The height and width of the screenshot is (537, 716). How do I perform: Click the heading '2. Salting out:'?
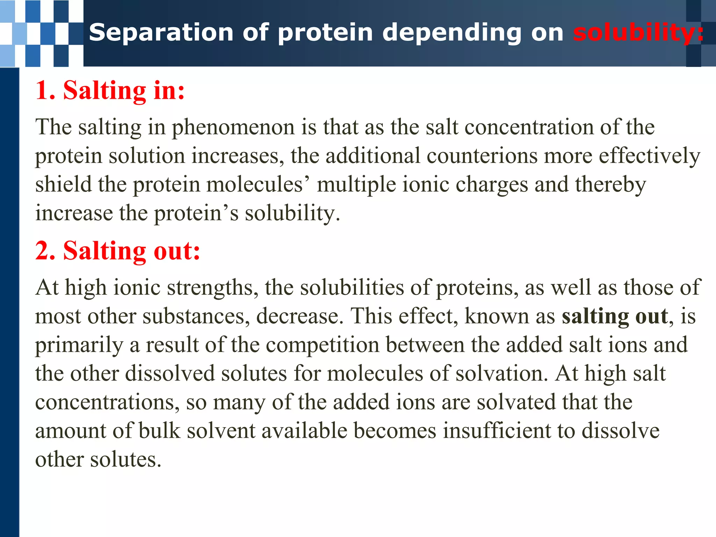[x=118, y=251]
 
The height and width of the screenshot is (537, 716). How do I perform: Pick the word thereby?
[x=610, y=185]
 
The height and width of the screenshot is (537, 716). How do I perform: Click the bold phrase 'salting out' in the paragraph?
[x=615, y=316]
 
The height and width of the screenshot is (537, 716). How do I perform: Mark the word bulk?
[x=159, y=430]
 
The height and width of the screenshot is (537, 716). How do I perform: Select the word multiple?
[x=356, y=185]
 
